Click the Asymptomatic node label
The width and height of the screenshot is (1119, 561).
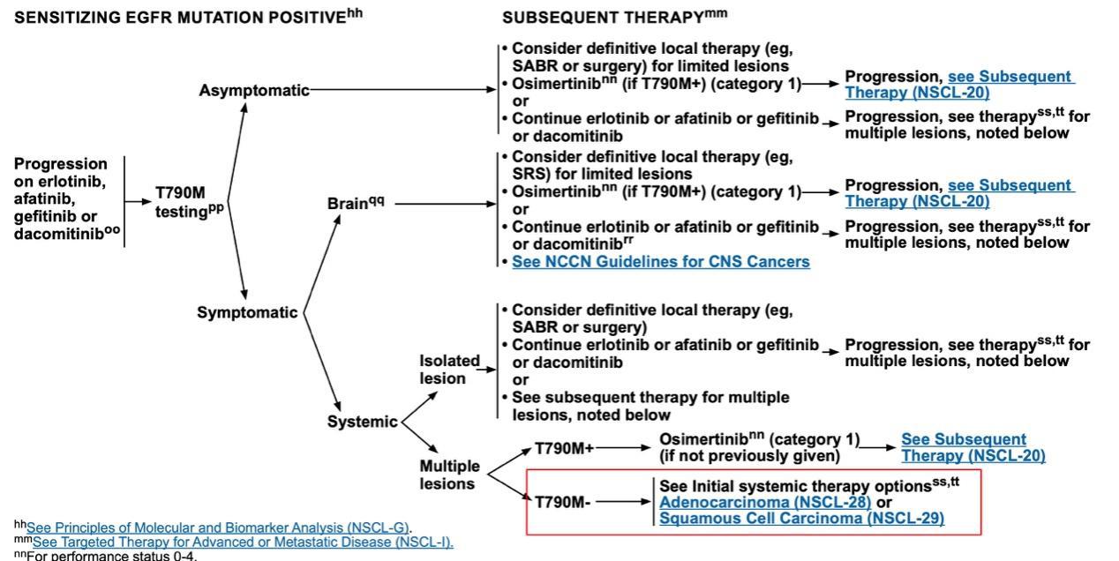click(x=254, y=90)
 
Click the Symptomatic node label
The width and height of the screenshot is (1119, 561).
click(x=247, y=312)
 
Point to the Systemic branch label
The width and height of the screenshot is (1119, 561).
click(x=362, y=422)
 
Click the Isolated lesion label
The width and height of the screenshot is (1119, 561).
click(x=449, y=370)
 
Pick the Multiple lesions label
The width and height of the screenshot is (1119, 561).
click(x=449, y=475)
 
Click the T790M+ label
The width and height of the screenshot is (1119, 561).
click(x=564, y=448)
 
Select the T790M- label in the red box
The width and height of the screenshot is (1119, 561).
click(x=562, y=502)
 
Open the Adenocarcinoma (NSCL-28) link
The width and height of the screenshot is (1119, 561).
click(x=765, y=502)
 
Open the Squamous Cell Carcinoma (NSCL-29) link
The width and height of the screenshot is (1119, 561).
click(x=801, y=519)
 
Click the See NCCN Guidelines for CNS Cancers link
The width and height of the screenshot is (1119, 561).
click(x=660, y=262)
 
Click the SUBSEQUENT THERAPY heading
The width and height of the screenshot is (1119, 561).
click(x=614, y=17)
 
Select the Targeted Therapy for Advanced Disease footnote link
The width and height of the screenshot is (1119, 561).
click(x=243, y=542)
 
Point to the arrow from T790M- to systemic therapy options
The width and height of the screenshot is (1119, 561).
click(x=622, y=502)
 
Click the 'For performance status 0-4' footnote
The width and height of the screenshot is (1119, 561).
click(x=106, y=556)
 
